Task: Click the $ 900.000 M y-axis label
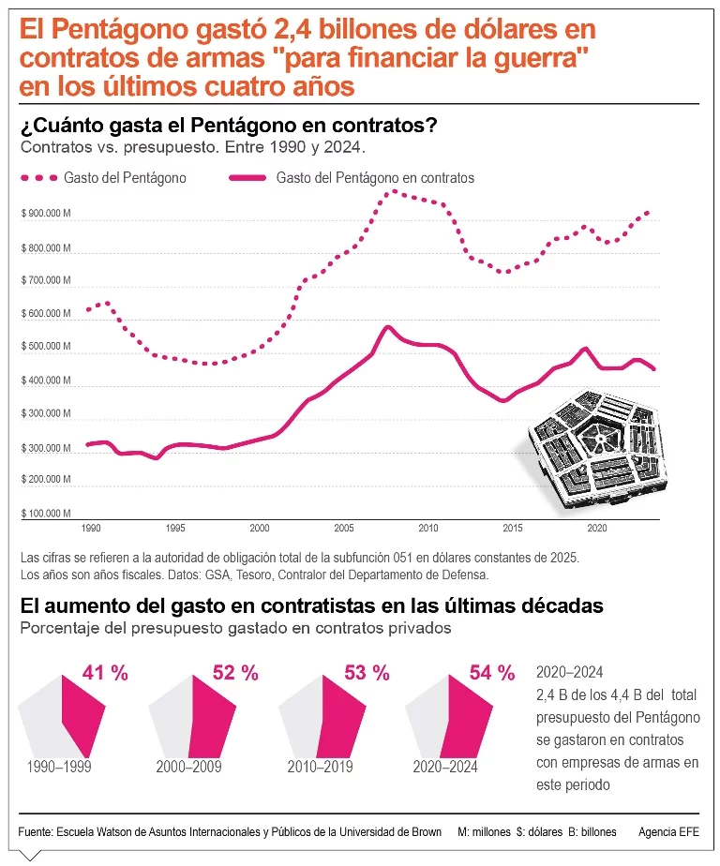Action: point(46,214)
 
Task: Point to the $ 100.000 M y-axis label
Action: point(46,514)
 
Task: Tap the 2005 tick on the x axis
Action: point(344,528)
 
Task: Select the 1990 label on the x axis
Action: point(90,528)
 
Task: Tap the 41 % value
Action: point(105,672)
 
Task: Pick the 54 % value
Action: point(492,672)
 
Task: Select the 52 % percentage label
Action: point(235,672)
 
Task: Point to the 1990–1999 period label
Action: point(59,767)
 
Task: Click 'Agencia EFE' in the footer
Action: point(667,831)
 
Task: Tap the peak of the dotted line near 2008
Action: point(394,191)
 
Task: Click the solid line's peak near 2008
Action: point(388,326)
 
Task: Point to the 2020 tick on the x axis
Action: point(596,528)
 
